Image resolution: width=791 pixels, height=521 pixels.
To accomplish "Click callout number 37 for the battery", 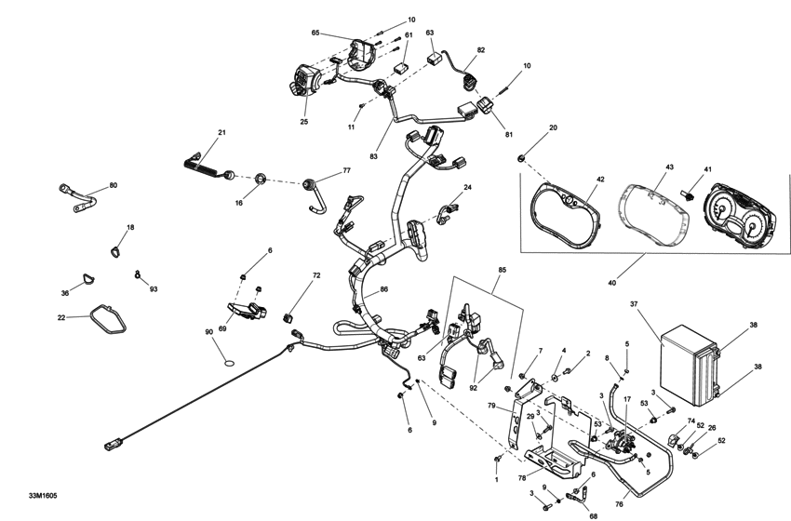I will point(634,304).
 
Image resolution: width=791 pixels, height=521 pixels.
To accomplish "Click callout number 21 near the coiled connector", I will point(222,133).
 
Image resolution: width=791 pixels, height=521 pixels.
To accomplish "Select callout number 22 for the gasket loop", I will point(61,317).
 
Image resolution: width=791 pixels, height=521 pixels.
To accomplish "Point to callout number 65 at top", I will point(315,33).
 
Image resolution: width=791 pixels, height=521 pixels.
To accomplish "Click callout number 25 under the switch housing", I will point(304,121).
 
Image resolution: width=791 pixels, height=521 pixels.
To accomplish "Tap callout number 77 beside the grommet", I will point(346,171).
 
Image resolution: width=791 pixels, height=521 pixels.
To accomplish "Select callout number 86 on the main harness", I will point(383,290).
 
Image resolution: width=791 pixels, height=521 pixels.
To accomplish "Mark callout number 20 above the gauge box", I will point(553,127).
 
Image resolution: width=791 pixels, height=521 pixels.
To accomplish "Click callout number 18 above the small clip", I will point(130,228).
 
